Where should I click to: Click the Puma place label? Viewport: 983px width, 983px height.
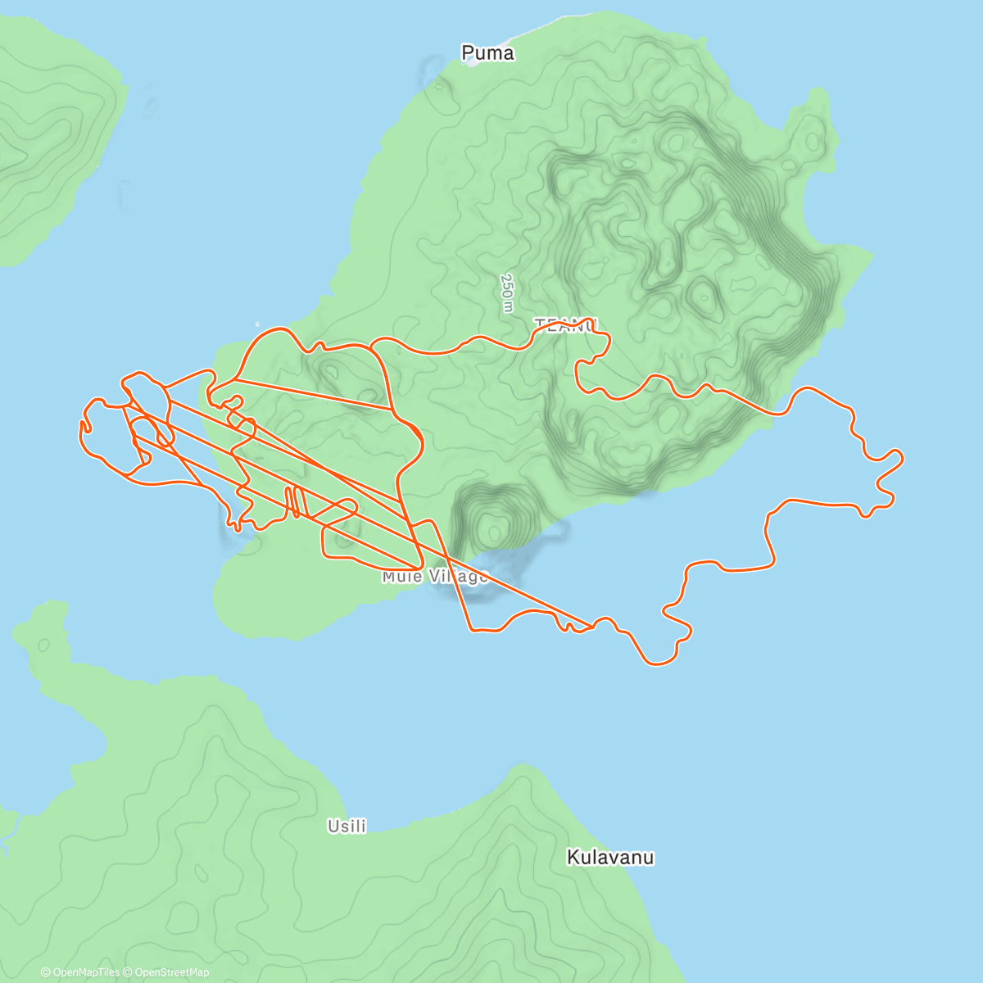click(x=487, y=53)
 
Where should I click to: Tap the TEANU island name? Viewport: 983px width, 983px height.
click(x=566, y=325)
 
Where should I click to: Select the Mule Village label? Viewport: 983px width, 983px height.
click(x=434, y=577)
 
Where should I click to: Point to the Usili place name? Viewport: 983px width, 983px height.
click(x=347, y=827)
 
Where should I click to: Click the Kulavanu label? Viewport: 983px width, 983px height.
click(x=610, y=858)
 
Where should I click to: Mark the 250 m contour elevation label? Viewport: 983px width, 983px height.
click(x=508, y=292)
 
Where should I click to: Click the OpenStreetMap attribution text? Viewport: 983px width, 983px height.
click(x=171, y=972)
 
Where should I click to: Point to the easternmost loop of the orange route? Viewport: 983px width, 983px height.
click(x=893, y=459)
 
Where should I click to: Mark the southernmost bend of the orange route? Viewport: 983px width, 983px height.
click(x=659, y=662)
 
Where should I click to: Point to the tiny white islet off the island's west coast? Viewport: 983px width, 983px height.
click(x=259, y=322)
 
